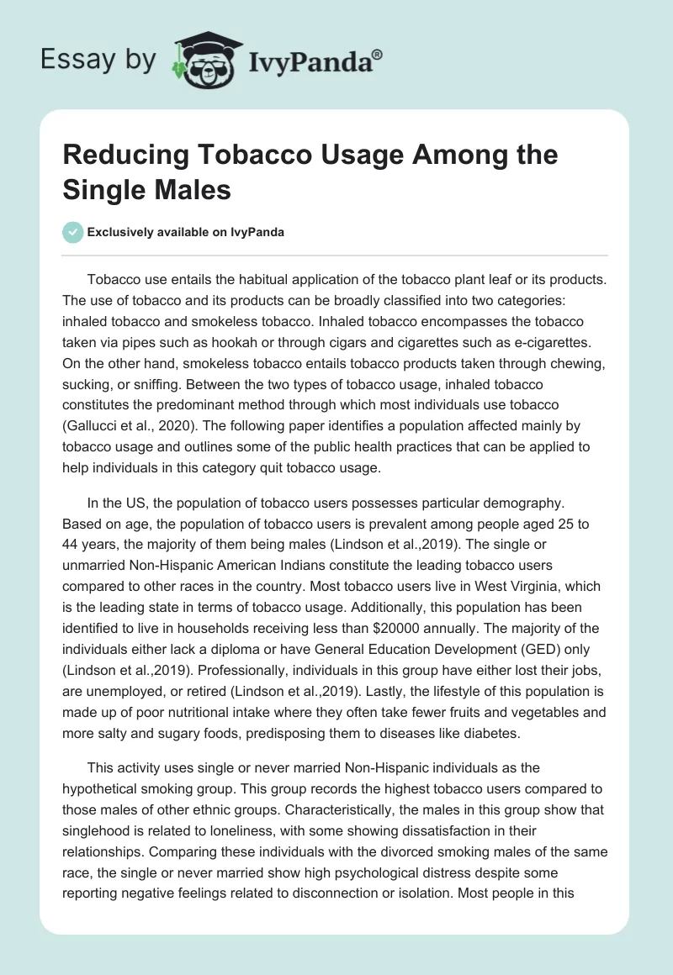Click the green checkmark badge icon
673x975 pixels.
[x=73, y=233]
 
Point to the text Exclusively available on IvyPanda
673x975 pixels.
[x=186, y=233]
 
